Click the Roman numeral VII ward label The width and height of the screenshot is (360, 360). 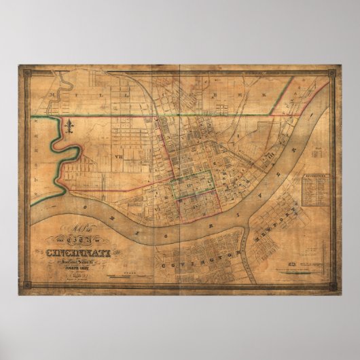pos(118,155)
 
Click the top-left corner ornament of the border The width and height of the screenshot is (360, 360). pos(24,69)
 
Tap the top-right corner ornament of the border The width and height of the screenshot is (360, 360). pos(336,69)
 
